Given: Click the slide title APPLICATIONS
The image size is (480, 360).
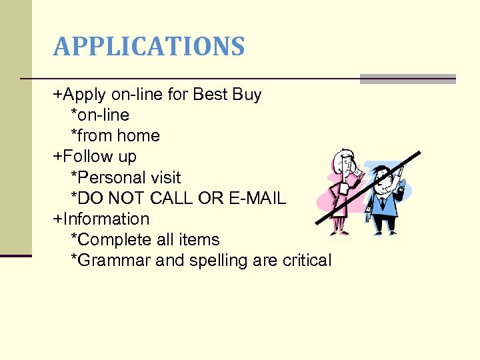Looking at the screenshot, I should coord(149,47).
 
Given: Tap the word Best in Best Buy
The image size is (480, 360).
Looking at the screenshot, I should coord(210,95).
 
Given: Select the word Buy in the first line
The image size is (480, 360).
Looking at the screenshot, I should coord(247,95).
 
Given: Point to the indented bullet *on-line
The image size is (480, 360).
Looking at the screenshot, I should coord(100,115).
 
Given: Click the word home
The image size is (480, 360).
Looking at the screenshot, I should coord(138,136).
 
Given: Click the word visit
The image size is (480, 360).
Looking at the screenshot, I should coord(167,177).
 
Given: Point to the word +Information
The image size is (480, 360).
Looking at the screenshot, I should coord(101,219).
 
